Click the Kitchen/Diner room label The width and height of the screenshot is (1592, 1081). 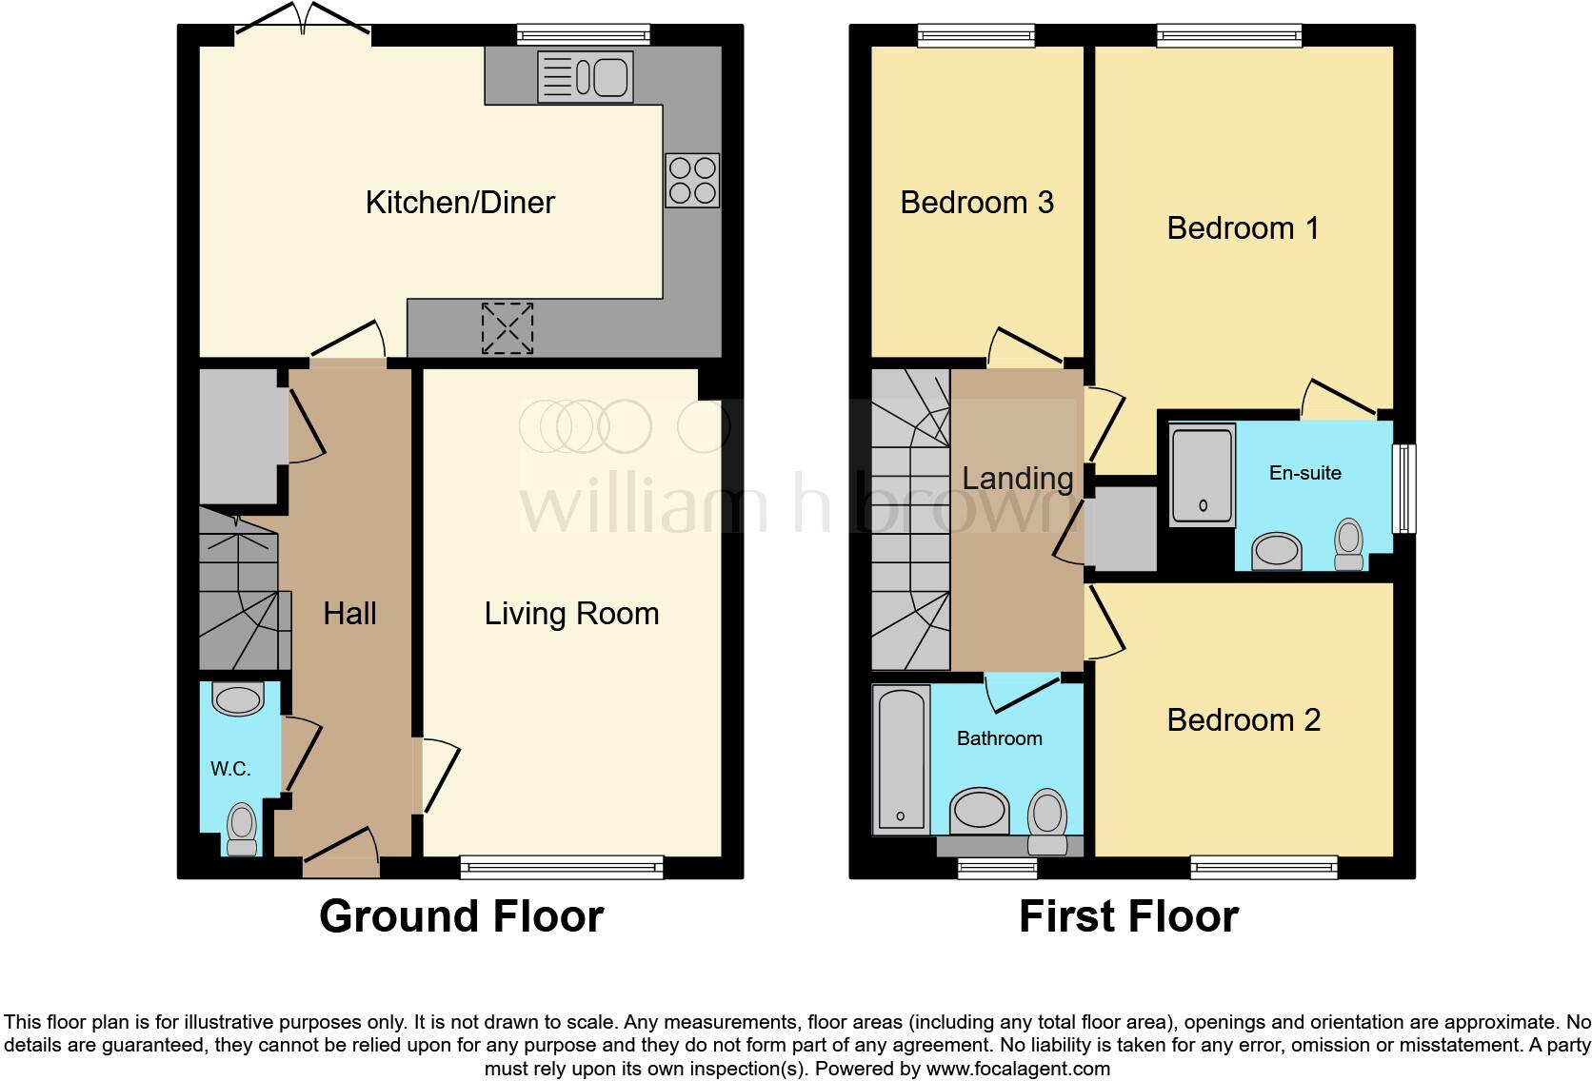coord(460,202)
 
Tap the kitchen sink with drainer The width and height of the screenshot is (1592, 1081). coord(585,76)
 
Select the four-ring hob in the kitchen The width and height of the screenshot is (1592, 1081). coord(692,181)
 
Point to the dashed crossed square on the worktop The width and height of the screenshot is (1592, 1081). coord(507,328)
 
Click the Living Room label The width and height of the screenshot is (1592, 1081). coord(571,614)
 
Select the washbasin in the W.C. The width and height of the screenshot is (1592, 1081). coord(238,699)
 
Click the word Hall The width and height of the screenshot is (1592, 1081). coord(349,614)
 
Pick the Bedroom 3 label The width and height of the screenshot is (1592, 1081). coord(977,203)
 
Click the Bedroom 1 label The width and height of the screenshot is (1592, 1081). coord(1244,228)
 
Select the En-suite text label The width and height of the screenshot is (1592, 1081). coord(1304,473)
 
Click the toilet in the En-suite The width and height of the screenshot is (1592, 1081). coord(1349,543)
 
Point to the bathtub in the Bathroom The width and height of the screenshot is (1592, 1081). coord(900,758)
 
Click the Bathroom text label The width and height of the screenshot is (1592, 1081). coord(999,738)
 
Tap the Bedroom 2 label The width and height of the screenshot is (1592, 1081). coord(1244,720)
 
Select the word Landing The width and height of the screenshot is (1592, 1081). coord(1017,478)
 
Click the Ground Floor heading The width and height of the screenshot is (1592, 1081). coord(461,916)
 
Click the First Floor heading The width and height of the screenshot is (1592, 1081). coord(1128,916)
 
